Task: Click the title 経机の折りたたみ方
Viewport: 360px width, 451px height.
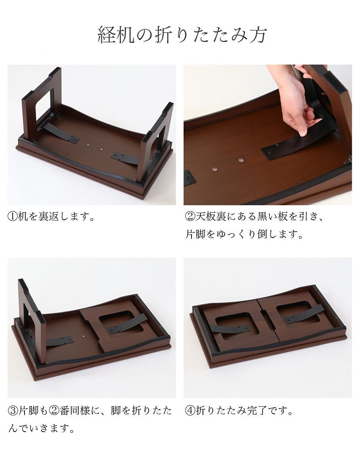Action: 182,36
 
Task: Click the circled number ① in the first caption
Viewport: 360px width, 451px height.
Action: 13,217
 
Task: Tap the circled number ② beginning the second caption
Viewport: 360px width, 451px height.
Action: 189,217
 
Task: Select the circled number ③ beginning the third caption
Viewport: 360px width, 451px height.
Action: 13,411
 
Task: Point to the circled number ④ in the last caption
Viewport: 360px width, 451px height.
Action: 189,411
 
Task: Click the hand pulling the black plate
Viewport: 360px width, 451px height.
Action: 295,103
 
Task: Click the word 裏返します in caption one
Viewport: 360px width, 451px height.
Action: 62,217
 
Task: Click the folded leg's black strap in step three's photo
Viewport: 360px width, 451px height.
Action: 127,324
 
